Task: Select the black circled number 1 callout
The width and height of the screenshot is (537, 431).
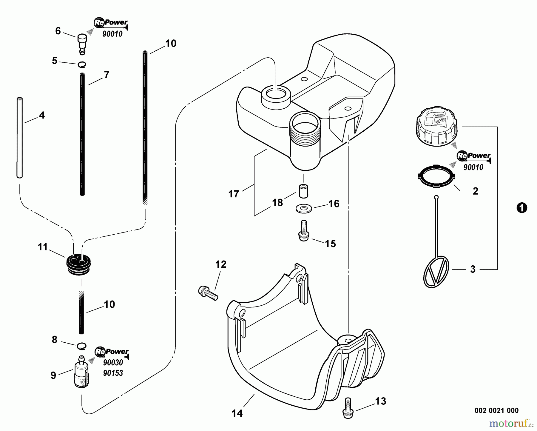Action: pyautogui.click(x=522, y=208)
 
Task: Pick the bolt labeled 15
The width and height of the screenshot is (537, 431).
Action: pyautogui.click(x=304, y=230)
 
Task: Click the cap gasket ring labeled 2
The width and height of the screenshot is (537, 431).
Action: pyautogui.click(x=436, y=178)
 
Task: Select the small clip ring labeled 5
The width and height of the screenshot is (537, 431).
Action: pyautogui.click(x=82, y=64)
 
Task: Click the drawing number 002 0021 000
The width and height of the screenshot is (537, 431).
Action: pyautogui.click(x=496, y=410)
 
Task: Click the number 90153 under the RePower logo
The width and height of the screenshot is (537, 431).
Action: pyautogui.click(x=113, y=373)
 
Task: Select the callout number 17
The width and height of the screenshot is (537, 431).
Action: pyautogui.click(x=234, y=194)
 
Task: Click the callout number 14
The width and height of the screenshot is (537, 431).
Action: pyautogui.click(x=237, y=413)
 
